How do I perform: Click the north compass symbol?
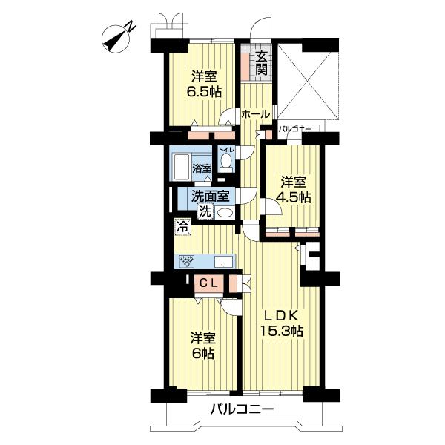[x=118, y=39]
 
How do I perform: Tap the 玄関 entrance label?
[x=261, y=64]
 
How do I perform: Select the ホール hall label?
[x=255, y=114]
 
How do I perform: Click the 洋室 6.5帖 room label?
[x=204, y=84]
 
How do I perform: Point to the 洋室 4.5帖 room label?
[x=294, y=189]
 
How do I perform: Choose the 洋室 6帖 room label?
[x=202, y=345]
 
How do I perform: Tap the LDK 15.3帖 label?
[x=282, y=323]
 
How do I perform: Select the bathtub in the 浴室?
[x=182, y=168]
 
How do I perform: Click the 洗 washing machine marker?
[x=205, y=211]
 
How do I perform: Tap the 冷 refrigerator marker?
[x=182, y=227]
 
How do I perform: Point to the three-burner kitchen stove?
[x=187, y=261]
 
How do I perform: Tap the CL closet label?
[x=209, y=283]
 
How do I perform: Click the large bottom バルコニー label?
[x=242, y=409]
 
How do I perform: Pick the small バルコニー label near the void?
[x=294, y=129]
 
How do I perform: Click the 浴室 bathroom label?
[x=202, y=168]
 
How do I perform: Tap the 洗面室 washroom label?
[x=210, y=196]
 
